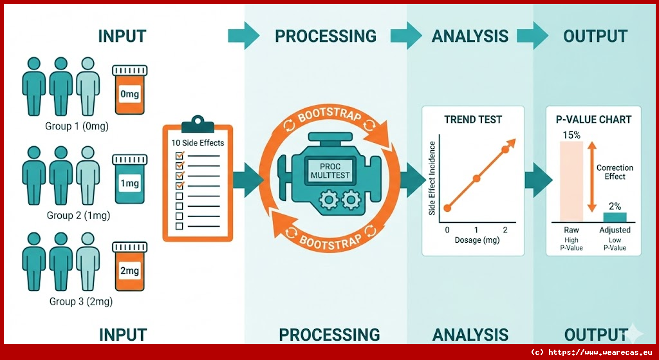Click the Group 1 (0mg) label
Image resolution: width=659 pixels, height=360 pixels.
tap(77, 126)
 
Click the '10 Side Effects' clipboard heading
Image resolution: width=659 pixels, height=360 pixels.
tap(197, 142)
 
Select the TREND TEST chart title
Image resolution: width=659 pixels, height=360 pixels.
tap(473, 120)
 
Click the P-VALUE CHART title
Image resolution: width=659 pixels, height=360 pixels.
tap(593, 120)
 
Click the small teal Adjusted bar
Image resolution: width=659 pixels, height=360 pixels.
tap(615, 216)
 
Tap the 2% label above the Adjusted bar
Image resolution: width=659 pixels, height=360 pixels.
tap(615, 206)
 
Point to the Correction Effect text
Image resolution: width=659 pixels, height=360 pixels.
tap(615, 172)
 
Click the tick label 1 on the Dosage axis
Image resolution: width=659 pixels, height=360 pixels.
tap(476, 230)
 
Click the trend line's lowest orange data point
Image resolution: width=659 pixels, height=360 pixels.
tap(448, 207)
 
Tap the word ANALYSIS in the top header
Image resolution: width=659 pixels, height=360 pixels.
tap(470, 36)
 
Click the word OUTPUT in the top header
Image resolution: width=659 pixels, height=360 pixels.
tap(595, 36)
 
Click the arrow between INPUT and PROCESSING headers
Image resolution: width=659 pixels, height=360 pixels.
tap(242, 36)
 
